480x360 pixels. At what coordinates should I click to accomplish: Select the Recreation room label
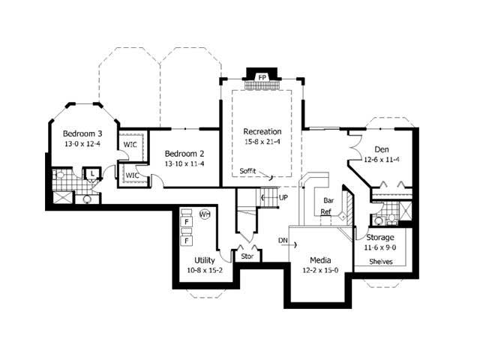pos(262,131)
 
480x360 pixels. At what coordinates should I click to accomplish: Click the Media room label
pos(320,260)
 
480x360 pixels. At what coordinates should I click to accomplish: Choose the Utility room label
pos(205,260)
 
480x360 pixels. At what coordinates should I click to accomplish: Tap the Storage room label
pos(380,238)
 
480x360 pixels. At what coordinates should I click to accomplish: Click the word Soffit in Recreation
pos(247,170)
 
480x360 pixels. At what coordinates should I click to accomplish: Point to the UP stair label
pos(283,197)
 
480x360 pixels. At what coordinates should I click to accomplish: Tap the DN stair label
pos(283,241)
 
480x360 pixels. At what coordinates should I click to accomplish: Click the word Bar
pos(328,201)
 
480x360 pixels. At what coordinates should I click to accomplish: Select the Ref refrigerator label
pos(325,212)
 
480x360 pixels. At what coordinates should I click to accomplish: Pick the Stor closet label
pos(247,256)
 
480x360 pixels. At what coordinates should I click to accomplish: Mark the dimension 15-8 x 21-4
pos(262,141)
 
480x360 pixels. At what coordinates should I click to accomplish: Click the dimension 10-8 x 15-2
pos(205,270)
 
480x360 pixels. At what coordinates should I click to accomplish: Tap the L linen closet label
pos(91,173)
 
